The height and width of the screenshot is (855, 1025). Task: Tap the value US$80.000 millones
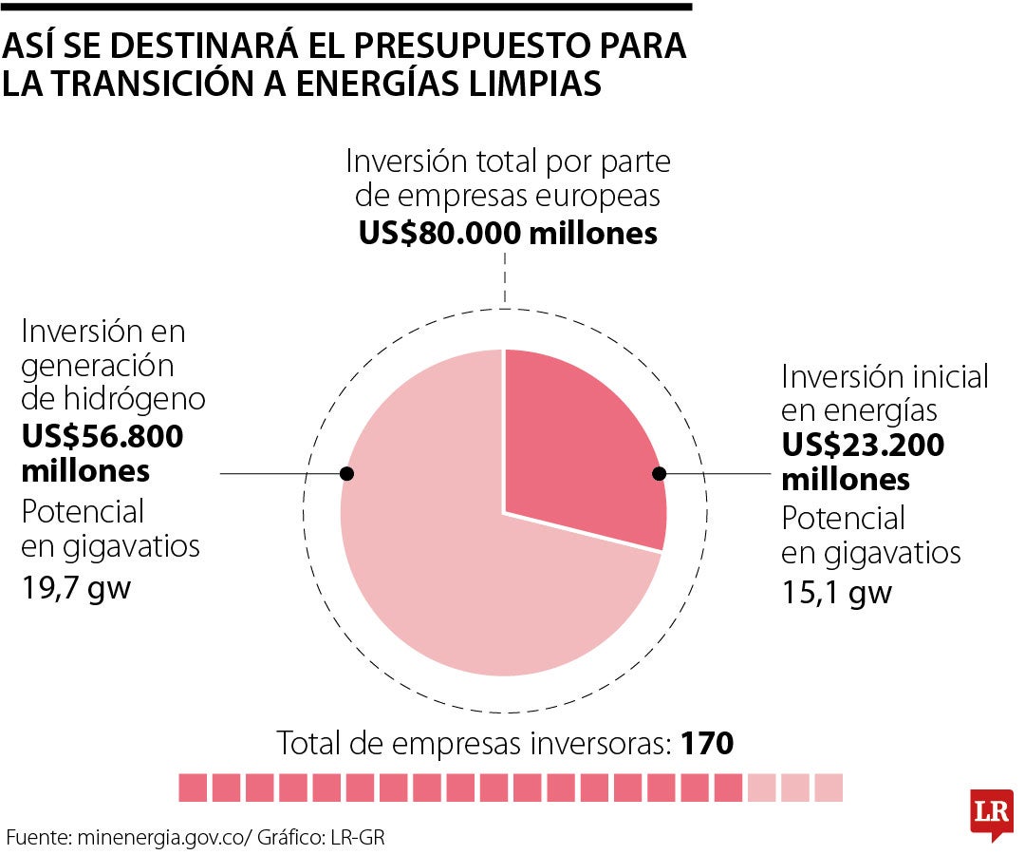pyautogui.click(x=508, y=233)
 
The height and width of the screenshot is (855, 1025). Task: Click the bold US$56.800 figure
pyautogui.click(x=102, y=437)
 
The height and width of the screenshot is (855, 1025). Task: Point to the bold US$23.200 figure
pyautogui.click(x=863, y=445)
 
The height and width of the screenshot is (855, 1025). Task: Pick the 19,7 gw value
pyautogui.click(x=76, y=587)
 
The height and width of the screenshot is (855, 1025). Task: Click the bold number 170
pyautogui.click(x=707, y=744)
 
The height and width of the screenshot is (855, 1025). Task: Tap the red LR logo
pyautogui.click(x=991, y=812)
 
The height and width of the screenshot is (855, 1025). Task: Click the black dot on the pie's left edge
pyautogui.click(x=347, y=473)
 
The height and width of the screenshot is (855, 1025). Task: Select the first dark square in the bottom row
pyautogui.click(x=193, y=788)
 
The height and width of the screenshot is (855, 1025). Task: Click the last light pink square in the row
pyautogui.click(x=829, y=788)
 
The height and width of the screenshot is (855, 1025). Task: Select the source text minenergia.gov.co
pyautogui.click(x=161, y=838)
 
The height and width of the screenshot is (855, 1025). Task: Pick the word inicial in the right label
pyautogui.click(x=941, y=376)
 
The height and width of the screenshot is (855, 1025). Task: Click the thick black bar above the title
pyautogui.click(x=345, y=6)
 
